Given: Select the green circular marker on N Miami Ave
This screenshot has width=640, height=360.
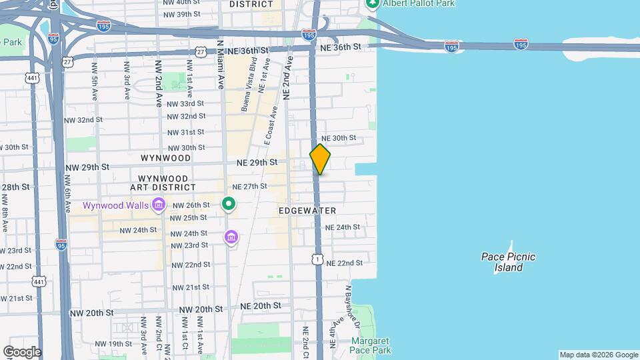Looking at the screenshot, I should tap(229, 204).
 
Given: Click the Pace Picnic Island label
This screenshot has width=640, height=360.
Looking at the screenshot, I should tap(509, 262).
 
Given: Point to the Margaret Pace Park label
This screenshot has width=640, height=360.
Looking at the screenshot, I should tap(370, 345).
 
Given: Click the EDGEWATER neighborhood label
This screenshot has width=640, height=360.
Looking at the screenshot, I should tap(307, 211).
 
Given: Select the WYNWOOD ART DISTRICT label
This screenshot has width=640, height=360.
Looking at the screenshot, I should tap(166, 183).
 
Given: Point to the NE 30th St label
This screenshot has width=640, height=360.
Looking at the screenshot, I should tap(339, 138).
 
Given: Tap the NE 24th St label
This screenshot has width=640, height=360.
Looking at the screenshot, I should tap(342, 227).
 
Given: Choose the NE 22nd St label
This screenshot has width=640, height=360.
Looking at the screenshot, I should tap(345, 263).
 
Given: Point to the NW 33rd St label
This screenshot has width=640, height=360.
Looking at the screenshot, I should tap(185, 104).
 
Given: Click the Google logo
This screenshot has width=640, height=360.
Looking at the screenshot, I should tap(22, 352).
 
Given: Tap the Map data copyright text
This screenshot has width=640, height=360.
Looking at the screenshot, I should tap(598, 355).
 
